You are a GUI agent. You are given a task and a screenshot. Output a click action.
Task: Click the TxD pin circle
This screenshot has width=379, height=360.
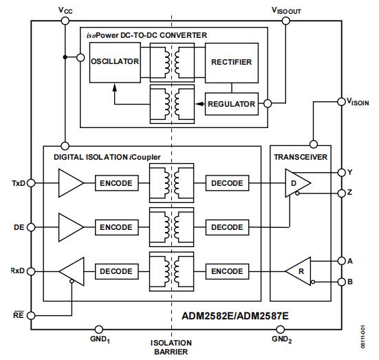click(31, 183)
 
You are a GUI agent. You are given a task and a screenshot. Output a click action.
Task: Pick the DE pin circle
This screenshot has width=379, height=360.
click(31, 227)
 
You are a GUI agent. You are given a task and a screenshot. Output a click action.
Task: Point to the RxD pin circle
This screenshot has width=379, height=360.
click(31, 271)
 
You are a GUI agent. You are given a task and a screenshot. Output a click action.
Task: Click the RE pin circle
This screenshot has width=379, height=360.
click(31, 315)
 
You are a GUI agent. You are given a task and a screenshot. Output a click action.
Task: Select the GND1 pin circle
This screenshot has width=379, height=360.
click(98, 329)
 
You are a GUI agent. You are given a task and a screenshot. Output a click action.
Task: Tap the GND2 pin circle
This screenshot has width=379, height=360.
click(280, 329)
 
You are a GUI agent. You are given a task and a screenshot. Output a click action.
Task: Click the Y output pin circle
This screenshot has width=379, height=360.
click(342, 173)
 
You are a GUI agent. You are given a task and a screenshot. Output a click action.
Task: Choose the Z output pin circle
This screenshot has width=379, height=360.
click(342, 193)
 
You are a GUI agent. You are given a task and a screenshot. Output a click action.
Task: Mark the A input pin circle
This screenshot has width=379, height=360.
click(342, 261)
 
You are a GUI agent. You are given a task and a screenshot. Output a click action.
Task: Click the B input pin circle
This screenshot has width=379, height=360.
click(342, 282)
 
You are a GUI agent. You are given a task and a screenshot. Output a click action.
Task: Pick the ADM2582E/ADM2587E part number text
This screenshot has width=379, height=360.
click(235, 316)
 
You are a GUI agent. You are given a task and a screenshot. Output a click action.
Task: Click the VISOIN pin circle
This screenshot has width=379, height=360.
click(341, 102)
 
